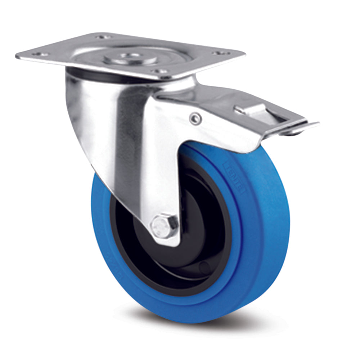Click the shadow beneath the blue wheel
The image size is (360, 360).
pos(216,326)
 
